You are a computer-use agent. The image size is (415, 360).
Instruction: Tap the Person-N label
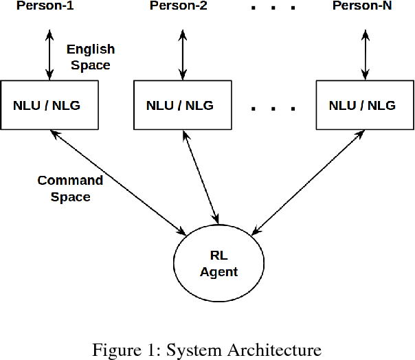(x=363, y=7)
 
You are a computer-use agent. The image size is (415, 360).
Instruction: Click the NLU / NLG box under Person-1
(x=49, y=105)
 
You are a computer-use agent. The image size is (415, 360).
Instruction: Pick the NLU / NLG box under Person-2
(x=180, y=105)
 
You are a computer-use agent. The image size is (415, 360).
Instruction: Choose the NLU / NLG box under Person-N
(x=362, y=105)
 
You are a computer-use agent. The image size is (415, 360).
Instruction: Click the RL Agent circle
(x=218, y=264)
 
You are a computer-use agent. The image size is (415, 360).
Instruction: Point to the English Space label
(x=90, y=58)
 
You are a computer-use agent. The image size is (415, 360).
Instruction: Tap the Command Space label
(x=70, y=188)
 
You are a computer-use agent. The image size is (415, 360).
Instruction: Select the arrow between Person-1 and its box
(x=49, y=54)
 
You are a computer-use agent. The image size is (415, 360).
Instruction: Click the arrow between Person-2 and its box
(x=183, y=54)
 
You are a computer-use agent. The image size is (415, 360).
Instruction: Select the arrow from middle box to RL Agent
(x=202, y=175)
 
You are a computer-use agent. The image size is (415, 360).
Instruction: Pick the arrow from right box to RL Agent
(x=307, y=181)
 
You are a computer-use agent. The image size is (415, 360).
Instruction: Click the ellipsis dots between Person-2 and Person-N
(x=273, y=8)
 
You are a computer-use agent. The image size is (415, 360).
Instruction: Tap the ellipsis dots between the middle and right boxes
(x=273, y=109)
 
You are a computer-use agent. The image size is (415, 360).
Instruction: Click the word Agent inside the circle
(x=218, y=272)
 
